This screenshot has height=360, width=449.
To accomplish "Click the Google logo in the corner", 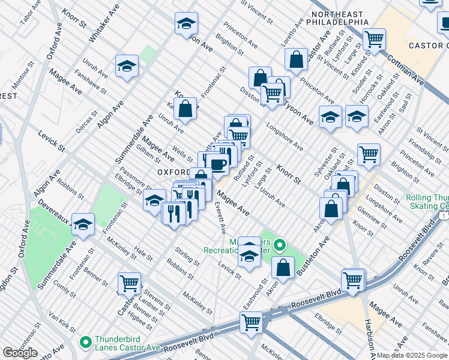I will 20,353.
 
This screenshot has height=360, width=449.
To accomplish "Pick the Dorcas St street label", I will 87,122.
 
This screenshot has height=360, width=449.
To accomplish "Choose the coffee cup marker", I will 218,164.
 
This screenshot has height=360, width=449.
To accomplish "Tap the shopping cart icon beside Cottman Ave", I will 373,40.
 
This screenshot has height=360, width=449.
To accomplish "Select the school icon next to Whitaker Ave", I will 127,66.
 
